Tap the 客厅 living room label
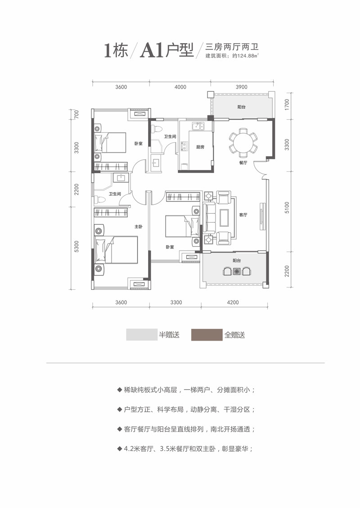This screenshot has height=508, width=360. click(243, 215)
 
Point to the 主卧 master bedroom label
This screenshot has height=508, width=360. click(138, 227)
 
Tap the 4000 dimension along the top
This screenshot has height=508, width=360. click(180, 87)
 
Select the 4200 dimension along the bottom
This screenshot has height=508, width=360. click(233, 302)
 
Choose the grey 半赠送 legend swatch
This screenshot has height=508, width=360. click(141, 335)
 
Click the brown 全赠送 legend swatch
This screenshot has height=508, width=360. click(207, 335)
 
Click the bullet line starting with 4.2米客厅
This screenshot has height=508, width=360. click(184, 449)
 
